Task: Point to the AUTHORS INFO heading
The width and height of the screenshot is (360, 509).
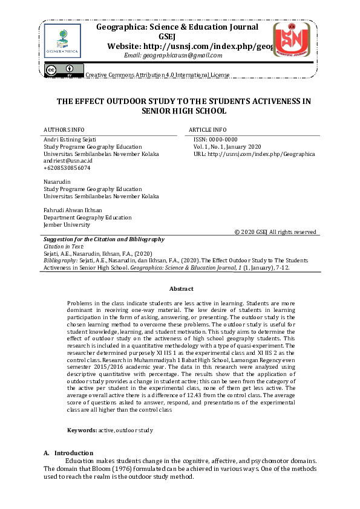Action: pyautogui.click(x=64, y=130)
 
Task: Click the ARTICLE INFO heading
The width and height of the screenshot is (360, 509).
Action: pyautogui.click(x=208, y=130)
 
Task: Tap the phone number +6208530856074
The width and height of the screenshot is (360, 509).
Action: pyautogui.click(x=67, y=168)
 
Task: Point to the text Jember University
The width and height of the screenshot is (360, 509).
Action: pyautogui.click(x=67, y=225)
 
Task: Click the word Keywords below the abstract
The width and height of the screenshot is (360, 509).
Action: pyautogui.click(x=82, y=430)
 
